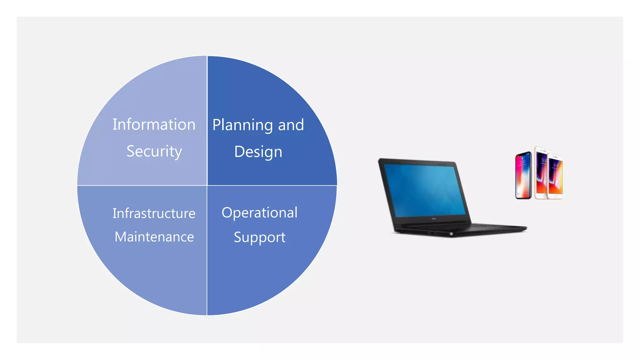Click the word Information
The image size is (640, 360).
pos(154,124)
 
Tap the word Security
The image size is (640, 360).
pos(154,152)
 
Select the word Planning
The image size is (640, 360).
pos(242,125)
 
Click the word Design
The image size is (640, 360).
pos(258,152)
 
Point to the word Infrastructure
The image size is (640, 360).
pos(154,213)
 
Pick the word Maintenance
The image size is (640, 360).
pos(154,237)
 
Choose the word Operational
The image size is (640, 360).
pos(259,213)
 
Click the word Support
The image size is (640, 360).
pos(259,237)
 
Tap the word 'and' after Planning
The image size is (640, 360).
pos(291,125)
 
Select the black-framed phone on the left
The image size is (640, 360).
pos(523,175)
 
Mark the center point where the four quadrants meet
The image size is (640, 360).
pos(207,185)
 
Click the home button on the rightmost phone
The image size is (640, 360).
pos(556,196)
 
